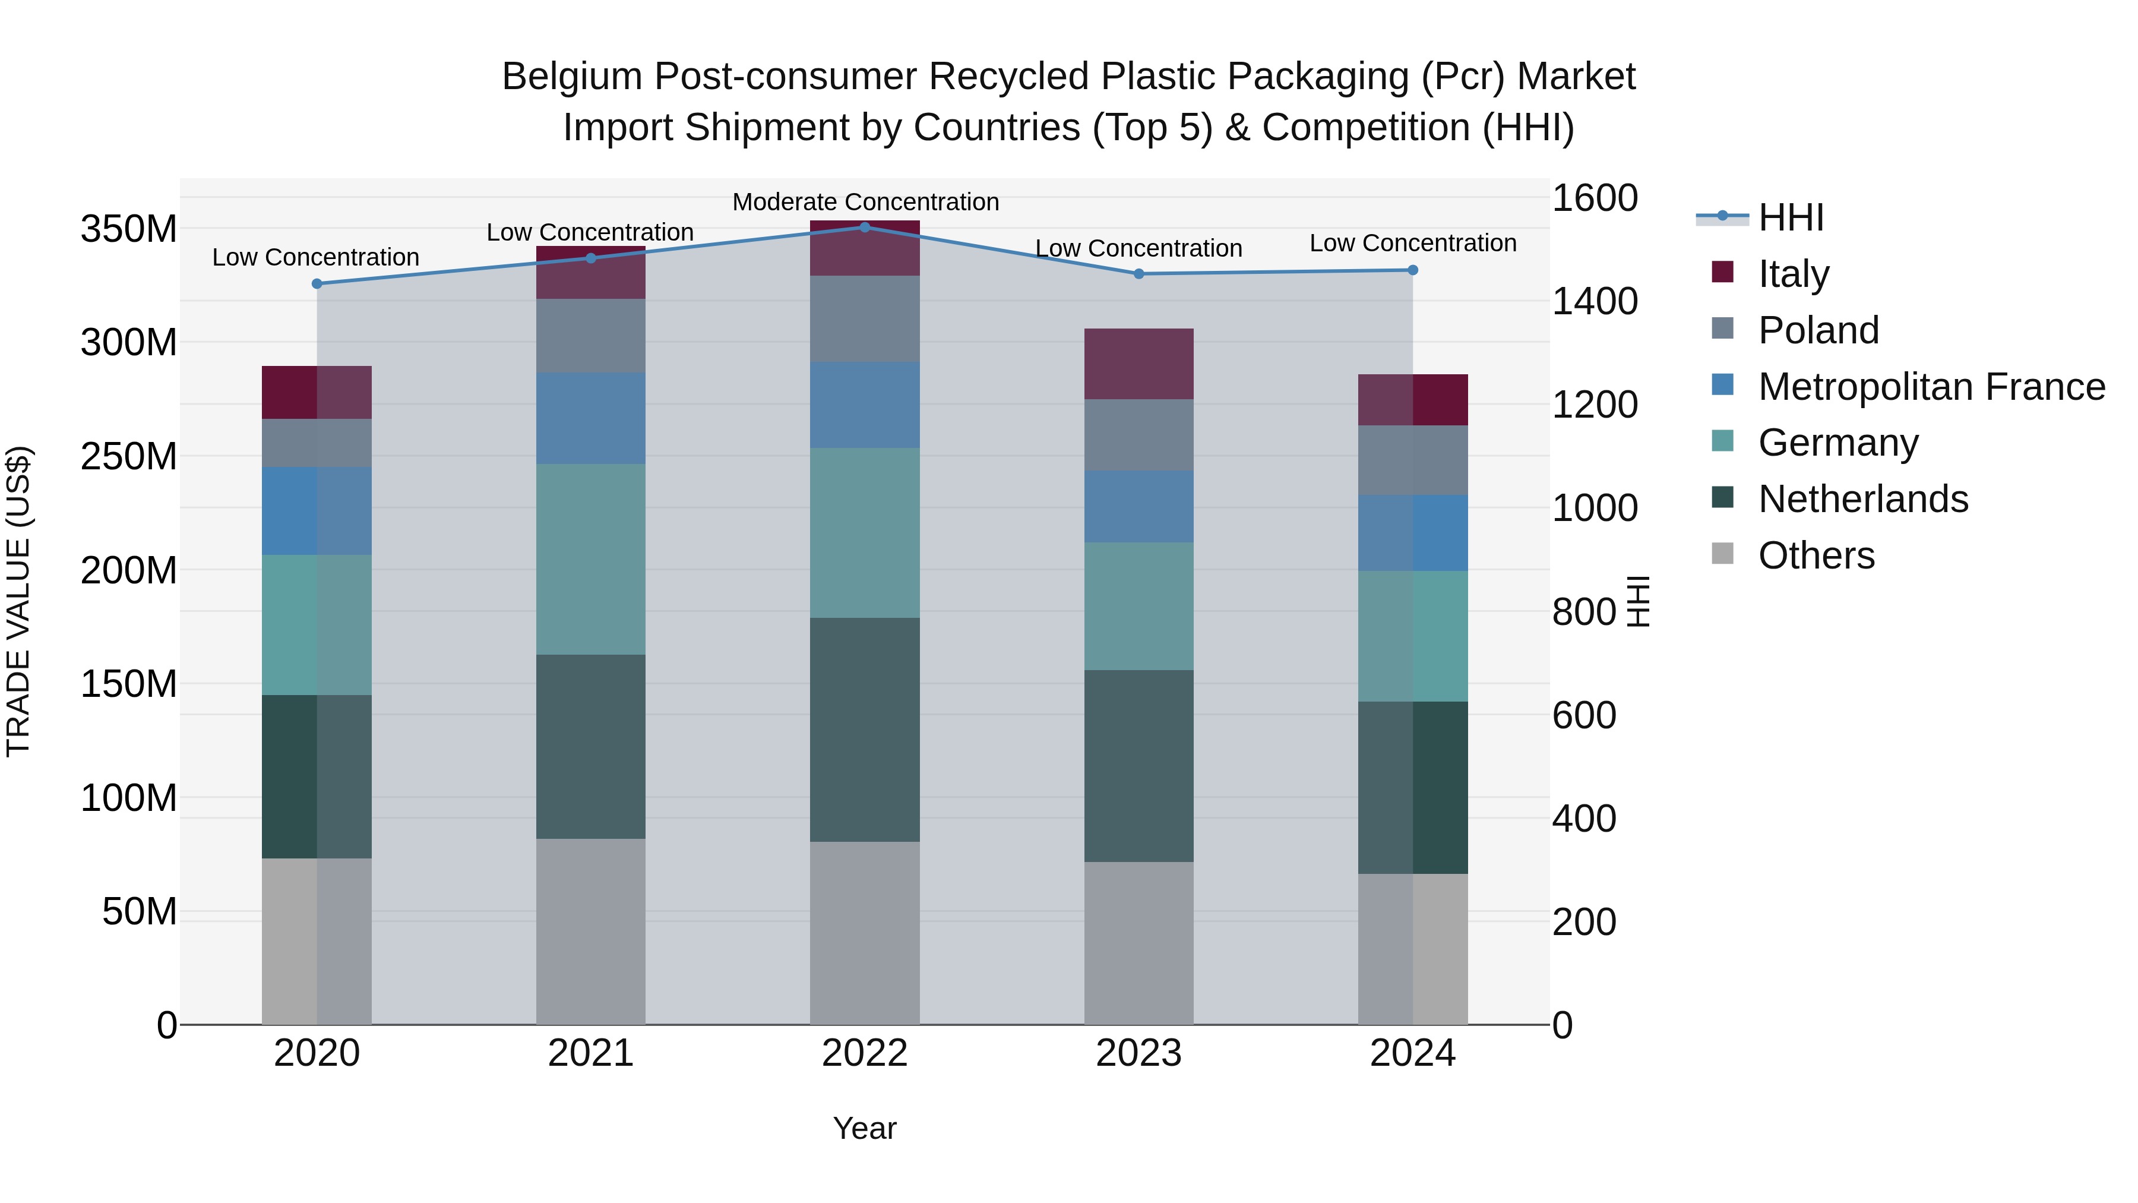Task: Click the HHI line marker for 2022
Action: click(864, 227)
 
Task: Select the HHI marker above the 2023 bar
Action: click(1138, 273)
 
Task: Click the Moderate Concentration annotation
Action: click(865, 202)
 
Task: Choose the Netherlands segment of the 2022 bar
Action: click(864, 729)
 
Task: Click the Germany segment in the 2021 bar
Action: click(590, 559)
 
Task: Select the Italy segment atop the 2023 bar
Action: click(1138, 364)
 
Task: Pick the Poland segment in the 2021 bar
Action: click(590, 336)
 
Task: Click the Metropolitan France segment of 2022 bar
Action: click(864, 405)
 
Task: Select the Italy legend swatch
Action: click(1722, 272)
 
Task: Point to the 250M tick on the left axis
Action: click(129, 457)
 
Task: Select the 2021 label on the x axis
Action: click(590, 1053)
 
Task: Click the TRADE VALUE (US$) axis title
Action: click(18, 601)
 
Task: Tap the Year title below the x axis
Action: click(864, 1128)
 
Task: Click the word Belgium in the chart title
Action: click(572, 77)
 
